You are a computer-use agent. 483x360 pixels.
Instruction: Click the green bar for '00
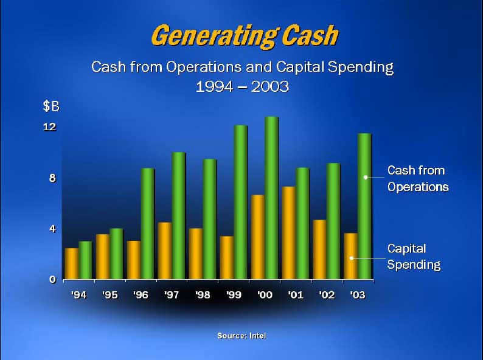point(272,198)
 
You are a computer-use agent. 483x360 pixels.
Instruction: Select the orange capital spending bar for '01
point(288,233)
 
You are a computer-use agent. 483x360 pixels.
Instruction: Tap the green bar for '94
point(85,260)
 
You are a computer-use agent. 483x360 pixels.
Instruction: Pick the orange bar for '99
point(227,258)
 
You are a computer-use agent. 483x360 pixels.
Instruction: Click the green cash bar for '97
point(179,216)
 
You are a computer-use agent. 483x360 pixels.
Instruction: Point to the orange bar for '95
point(103,257)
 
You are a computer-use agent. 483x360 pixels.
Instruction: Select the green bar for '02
point(333,221)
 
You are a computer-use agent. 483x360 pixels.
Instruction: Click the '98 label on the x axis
point(203,295)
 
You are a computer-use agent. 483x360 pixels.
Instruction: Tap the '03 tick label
point(358,295)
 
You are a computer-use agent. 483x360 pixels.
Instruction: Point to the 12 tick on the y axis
point(50,127)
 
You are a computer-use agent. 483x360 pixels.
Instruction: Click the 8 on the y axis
point(53,178)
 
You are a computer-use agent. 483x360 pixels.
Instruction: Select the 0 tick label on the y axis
point(53,279)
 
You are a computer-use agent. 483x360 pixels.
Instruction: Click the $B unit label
point(51,106)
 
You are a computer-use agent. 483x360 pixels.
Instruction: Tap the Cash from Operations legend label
point(418,179)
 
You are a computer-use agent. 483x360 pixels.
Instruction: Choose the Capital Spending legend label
point(414,257)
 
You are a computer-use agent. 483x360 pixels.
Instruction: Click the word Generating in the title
point(215,36)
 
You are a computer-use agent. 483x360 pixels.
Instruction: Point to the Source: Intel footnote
point(241,336)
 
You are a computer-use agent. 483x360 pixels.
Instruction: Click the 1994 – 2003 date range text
point(243,86)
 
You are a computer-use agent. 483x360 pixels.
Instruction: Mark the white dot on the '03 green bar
point(366,177)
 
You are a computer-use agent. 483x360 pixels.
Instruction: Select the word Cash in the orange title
point(310,35)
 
